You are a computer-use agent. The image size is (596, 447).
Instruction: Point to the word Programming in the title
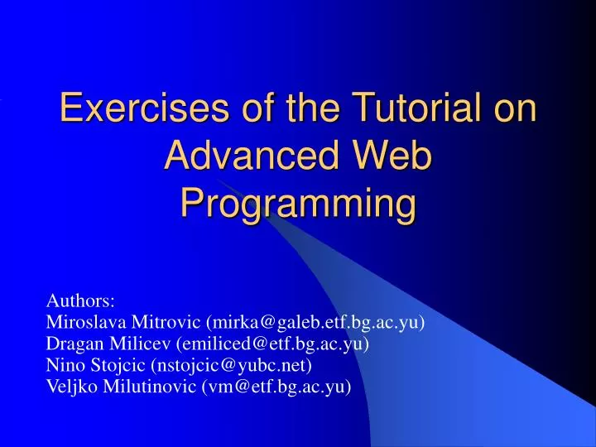pos(298,204)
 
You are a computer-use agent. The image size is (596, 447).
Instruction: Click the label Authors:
pos(80,300)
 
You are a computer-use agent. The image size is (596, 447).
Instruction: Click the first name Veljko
pos(71,386)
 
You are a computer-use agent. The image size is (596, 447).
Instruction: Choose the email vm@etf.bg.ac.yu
pos(276,386)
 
